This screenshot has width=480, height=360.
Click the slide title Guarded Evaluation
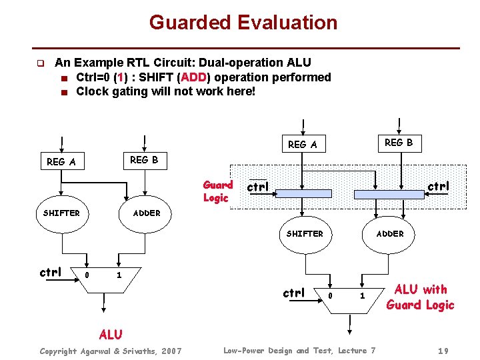pos(243,23)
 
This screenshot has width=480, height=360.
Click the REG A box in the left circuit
pos(61,161)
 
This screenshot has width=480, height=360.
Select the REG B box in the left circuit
pos(144,160)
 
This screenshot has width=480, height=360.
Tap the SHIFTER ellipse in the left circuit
pos(61,213)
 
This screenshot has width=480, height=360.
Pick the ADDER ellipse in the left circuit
pos(146,213)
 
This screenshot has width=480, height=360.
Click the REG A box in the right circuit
pos(302,144)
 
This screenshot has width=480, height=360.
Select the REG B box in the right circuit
pos(399,142)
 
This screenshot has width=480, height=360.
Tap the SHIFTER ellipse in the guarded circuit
pos(304,234)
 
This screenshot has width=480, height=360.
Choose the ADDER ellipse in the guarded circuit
pos(389,234)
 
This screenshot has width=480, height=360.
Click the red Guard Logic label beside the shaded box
pos(217,191)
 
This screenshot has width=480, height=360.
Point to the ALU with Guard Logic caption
pos(421,297)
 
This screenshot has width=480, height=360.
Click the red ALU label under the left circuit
pos(111,334)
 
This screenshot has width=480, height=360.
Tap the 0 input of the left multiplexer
pos(86,275)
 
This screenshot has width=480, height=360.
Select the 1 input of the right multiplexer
pos(363,295)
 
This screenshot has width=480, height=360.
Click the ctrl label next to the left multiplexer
pos(51,272)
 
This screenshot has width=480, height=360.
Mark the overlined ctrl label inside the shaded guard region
pos(258,187)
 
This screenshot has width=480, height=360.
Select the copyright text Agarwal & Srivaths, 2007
pos(110,351)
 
